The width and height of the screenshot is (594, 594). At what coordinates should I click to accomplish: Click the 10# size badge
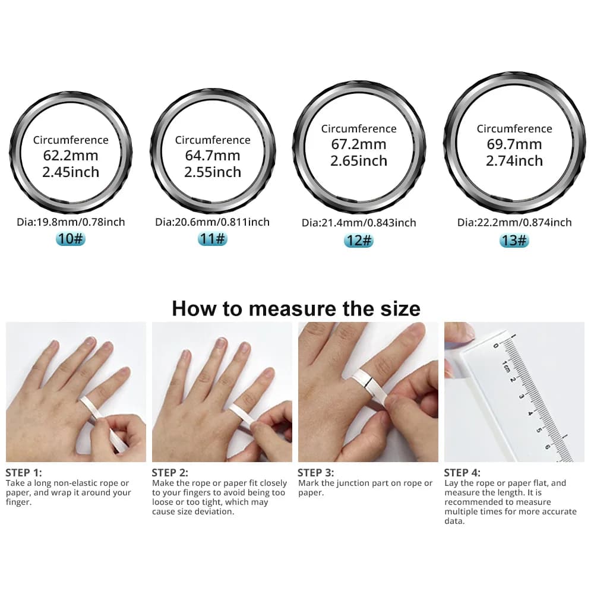(x=71, y=239)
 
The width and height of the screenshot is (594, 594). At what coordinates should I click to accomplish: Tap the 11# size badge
(x=212, y=239)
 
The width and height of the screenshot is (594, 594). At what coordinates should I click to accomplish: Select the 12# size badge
(x=358, y=241)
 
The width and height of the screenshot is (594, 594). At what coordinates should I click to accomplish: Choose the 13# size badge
(x=514, y=240)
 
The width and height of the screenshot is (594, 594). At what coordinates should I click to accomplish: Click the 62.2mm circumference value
(x=71, y=156)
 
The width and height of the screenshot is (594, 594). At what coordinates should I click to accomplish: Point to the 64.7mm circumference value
(x=212, y=156)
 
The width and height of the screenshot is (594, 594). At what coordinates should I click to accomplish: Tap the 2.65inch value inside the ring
(x=358, y=161)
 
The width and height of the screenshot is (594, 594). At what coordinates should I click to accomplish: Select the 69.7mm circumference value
(x=514, y=144)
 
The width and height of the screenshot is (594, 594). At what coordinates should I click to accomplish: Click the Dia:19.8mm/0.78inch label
(x=71, y=222)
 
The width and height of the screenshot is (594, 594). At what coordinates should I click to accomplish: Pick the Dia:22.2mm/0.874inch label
(x=514, y=222)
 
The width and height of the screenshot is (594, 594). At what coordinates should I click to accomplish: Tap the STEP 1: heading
(x=24, y=473)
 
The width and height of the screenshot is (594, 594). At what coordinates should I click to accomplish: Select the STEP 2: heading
(x=170, y=473)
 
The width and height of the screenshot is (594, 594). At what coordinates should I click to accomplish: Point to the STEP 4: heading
(x=462, y=473)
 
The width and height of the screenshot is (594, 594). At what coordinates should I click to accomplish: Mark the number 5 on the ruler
(x=540, y=428)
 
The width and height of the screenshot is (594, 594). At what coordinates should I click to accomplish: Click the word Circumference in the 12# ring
(x=358, y=129)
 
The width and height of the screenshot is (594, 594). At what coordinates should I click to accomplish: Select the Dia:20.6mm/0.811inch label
(x=212, y=222)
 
